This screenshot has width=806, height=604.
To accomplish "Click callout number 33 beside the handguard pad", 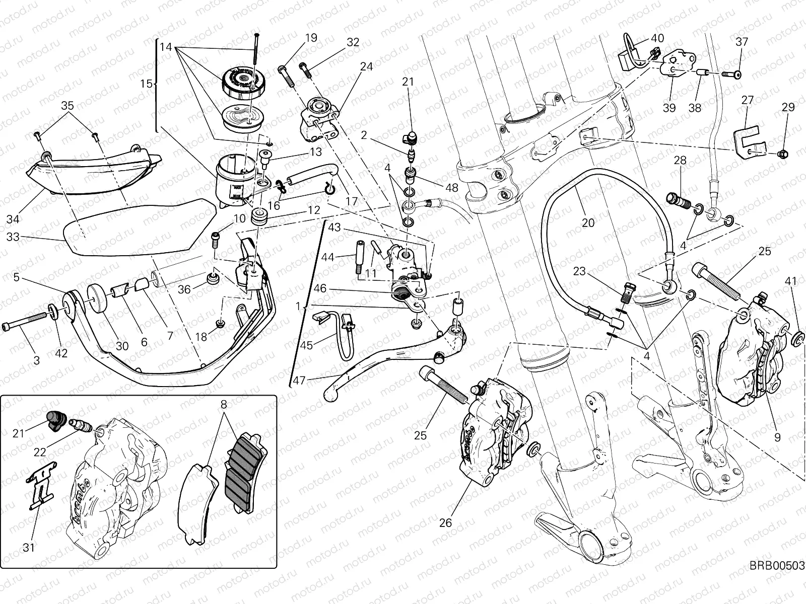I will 13,236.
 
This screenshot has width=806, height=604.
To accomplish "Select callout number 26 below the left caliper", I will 445,523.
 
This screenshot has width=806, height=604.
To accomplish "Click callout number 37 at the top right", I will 742,42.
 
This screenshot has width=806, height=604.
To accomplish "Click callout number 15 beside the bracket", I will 146,84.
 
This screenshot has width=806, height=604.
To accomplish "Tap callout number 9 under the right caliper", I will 777,438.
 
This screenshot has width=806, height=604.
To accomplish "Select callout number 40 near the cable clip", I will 657,38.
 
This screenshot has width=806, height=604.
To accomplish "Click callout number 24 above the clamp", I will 366,66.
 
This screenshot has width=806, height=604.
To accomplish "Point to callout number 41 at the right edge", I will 791,281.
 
